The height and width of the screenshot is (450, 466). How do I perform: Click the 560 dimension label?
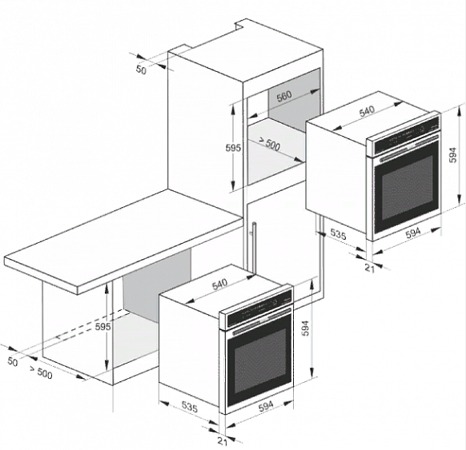tap(284, 96)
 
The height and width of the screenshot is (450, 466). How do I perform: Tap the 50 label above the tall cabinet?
tap(142, 70)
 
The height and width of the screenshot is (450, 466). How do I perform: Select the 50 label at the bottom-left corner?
tap(13, 362)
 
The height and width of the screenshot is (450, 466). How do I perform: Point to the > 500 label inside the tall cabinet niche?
tap(269, 144)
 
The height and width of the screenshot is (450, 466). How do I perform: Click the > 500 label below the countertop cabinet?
tap(41, 372)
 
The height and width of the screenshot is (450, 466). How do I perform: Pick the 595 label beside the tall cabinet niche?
tap(233, 148)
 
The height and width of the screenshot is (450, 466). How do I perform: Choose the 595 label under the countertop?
tap(102, 327)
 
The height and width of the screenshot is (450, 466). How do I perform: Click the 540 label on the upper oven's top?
tap(367, 111)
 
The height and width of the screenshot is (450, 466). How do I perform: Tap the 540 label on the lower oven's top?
tap(219, 284)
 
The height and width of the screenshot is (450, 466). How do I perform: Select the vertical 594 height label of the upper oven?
tap(452, 155)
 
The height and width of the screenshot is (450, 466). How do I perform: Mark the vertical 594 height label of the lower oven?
tap(306, 328)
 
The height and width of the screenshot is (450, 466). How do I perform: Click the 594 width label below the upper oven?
tap(413, 233)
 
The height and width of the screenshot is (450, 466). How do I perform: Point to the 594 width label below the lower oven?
tap(266, 406)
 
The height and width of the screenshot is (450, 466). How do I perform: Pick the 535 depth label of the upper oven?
tap(339, 234)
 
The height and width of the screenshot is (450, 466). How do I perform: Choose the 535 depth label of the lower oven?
tap(189, 408)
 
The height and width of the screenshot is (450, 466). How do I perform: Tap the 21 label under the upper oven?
tap(369, 269)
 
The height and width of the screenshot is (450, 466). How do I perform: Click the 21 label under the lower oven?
tap(223, 441)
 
